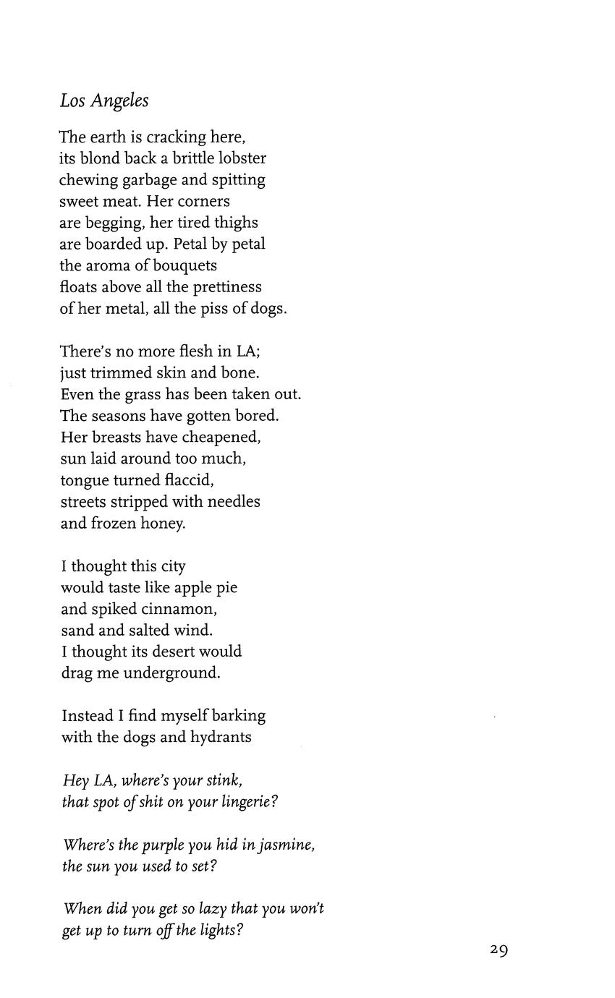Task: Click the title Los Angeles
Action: (104, 101)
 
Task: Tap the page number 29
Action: (499, 950)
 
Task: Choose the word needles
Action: (233, 501)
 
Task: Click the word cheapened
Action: (221, 437)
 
